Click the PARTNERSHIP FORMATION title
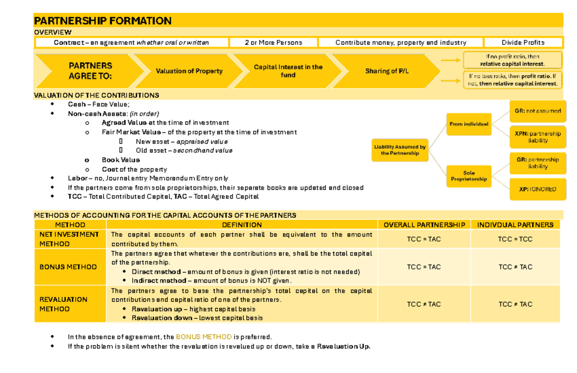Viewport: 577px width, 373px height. click(102, 21)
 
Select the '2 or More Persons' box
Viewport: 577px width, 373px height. click(273, 43)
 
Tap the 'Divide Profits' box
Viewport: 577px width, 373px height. click(523, 43)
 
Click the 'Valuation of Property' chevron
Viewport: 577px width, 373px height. click(189, 71)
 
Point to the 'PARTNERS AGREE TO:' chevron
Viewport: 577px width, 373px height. click(90, 71)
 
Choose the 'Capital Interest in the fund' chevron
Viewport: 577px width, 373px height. click(288, 71)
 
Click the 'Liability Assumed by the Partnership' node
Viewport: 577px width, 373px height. click(400, 150)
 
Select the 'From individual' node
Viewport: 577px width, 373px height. click(469, 124)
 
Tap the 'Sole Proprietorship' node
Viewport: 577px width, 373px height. click(469, 176)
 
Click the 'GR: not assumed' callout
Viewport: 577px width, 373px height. click(538, 111)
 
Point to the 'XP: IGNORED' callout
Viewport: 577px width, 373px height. click(538, 189)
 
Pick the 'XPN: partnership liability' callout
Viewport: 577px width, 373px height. click(538, 137)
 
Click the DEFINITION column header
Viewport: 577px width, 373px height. click(242, 225)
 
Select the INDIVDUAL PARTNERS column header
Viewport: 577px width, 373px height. click(515, 225)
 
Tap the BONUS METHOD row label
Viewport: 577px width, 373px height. click(68, 267)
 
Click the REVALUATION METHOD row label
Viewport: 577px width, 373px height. click(63, 304)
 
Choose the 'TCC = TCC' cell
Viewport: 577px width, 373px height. click(515, 239)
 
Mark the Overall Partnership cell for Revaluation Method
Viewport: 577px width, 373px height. click(424, 304)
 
